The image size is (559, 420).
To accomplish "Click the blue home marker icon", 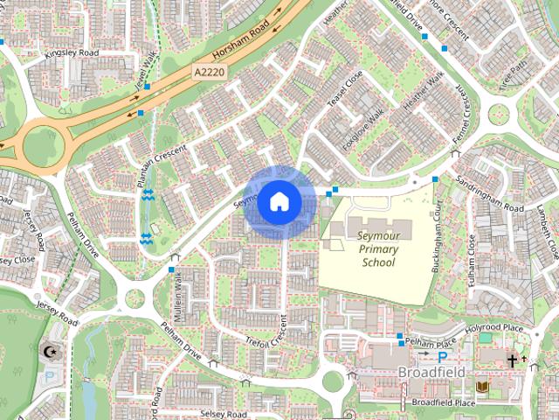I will [279, 202].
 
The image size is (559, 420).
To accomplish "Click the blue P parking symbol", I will [442, 357].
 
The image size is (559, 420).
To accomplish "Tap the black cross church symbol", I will [512, 359].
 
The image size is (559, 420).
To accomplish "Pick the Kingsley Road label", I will [72, 53].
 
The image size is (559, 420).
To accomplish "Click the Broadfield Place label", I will [443, 402].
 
